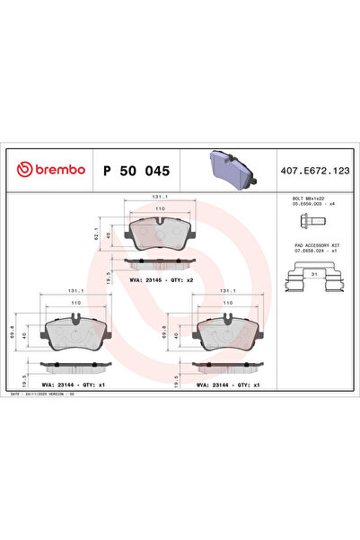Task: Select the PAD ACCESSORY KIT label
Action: point(310,244)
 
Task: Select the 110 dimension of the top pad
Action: point(158,209)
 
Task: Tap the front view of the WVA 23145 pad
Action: point(158,235)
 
